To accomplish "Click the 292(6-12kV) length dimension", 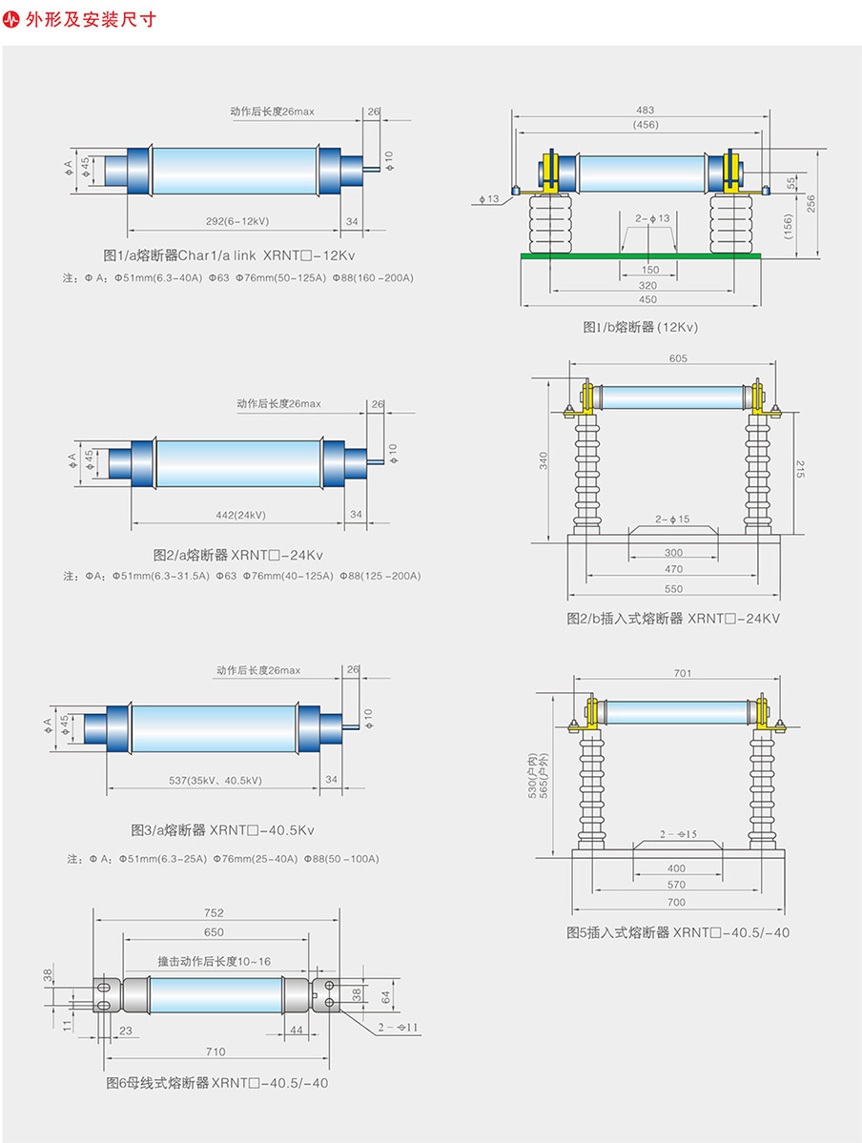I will tap(237, 221).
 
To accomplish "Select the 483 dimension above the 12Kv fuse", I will tap(645, 111).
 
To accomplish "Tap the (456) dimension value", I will tap(645, 124).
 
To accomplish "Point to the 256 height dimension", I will tap(811, 203).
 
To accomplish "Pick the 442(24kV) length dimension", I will tap(240, 515).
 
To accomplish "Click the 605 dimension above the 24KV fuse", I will tap(678, 359).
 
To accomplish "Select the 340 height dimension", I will tap(544, 461).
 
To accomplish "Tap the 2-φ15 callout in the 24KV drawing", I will tap(672, 520).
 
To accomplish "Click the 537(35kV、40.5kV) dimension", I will tap(215, 781).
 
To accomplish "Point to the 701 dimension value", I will tap(682, 674).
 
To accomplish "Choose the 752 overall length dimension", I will tap(214, 914).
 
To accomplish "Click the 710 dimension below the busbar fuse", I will tap(215, 1051).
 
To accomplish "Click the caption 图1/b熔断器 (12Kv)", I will tap(641, 327).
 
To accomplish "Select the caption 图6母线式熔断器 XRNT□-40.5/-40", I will tap(217, 1083).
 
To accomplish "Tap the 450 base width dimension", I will tap(648, 298).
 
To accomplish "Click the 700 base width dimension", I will tap(676, 902).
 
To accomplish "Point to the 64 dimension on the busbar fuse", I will tap(386, 996).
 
